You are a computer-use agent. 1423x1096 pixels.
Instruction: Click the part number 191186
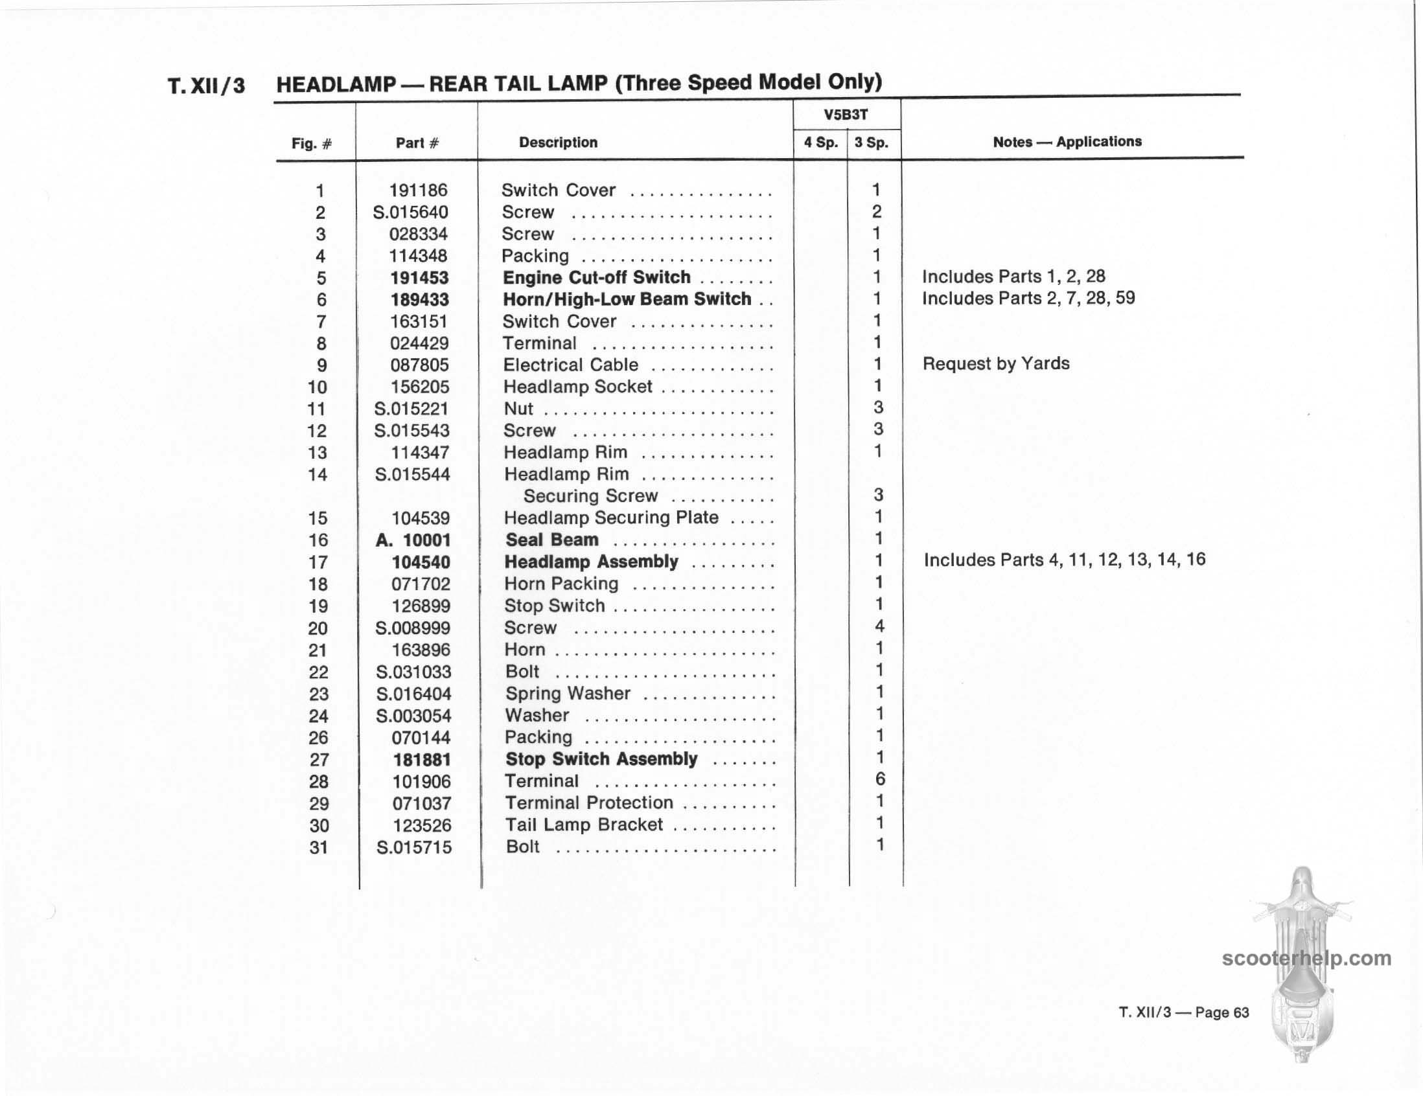click(419, 190)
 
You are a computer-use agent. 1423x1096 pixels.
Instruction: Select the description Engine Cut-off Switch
click(596, 277)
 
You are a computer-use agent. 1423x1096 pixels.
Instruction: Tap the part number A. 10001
click(413, 540)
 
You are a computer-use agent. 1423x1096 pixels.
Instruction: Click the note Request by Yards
click(995, 363)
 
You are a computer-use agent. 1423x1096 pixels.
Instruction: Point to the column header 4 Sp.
click(820, 143)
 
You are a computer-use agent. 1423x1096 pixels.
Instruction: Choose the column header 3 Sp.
click(872, 143)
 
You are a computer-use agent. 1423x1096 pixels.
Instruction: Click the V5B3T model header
click(846, 115)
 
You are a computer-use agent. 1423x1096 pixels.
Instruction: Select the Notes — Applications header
click(1067, 142)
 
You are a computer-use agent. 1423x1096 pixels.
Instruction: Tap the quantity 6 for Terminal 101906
click(879, 779)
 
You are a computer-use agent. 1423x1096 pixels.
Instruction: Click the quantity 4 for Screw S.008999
click(879, 626)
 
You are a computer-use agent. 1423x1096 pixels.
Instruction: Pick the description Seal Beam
click(552, 540)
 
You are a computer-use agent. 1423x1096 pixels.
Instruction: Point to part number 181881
click(422, 759)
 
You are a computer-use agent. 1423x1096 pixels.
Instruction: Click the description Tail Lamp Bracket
click(584, 825)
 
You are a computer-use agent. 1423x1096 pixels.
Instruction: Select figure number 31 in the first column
click(318, 847)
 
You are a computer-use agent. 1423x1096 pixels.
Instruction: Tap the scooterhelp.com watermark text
click(1306, 959)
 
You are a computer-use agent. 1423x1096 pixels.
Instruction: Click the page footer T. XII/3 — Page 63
click(1183, 1012)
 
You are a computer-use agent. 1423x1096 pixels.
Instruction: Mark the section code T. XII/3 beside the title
click(207, 86)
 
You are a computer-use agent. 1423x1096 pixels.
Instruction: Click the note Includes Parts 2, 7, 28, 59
click(1028, 298)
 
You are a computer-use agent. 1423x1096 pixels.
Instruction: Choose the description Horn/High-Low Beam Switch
click(627, 299)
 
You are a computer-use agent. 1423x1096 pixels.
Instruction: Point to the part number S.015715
click(413, 847)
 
